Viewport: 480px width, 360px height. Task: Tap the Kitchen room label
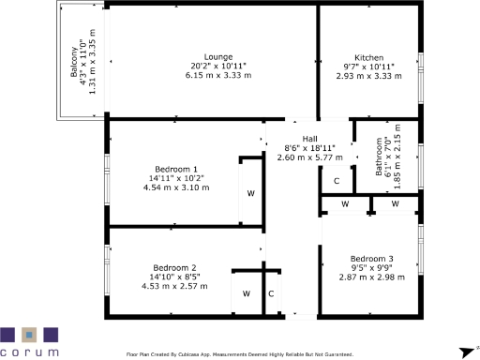(368, 56)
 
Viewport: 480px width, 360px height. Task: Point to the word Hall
(310, 138)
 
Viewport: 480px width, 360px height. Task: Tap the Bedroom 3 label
(372, 259)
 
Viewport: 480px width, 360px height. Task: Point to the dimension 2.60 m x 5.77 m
(310, 157)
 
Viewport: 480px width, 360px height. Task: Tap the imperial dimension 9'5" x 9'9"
(372, 268)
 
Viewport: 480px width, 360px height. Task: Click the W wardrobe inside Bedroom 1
(250, 193)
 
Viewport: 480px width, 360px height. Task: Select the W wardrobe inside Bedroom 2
(246, 293)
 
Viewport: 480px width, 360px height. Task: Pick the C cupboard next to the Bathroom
(336, 180)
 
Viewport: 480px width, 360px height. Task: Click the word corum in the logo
(30, 352)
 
